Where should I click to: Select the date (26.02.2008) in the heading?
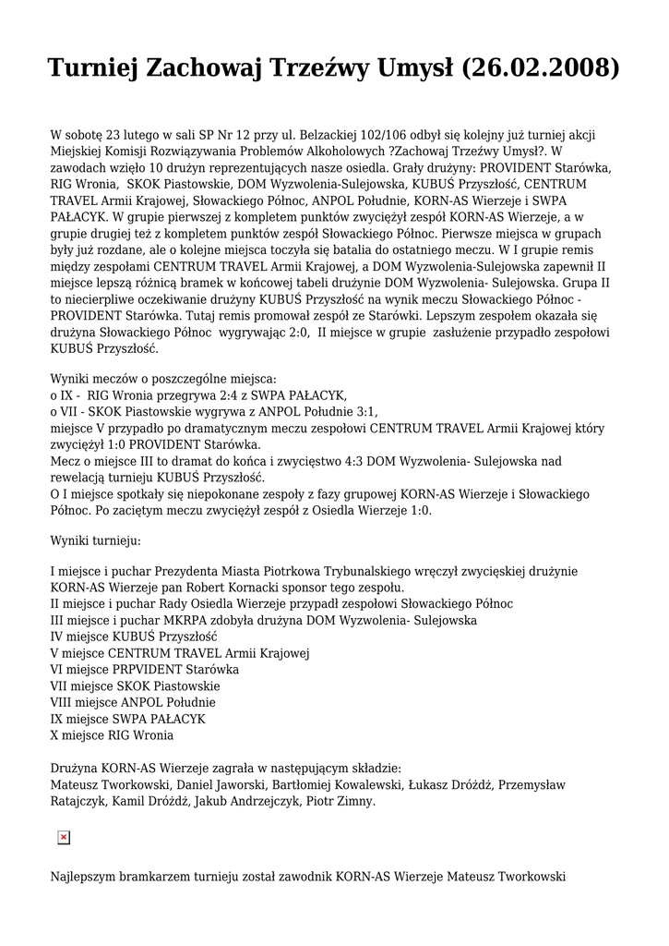539,68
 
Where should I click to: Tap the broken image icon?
64,837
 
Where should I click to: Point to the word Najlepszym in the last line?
88,875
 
